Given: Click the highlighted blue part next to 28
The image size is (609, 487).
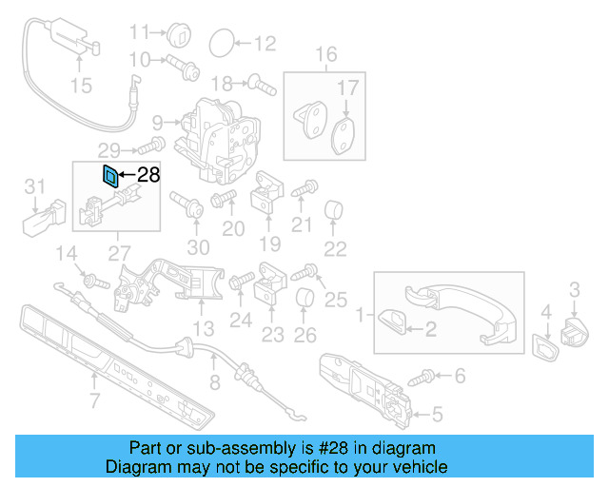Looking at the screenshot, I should [x=109, y=174].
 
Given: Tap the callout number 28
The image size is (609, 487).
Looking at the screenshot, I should [x=148, y=174].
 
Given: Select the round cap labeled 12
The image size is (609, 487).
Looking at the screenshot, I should [x=219, y=42].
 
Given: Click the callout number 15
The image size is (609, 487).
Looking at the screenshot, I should [x=81, y=87].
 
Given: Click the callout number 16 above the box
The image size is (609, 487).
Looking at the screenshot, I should [x=326, y=54].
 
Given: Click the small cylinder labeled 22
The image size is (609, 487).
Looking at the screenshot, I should [x=334, y=209].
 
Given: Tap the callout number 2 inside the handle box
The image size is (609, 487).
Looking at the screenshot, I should [x=430, y=329].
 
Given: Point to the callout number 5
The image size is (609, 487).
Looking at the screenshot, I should [x=438, y=414].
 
